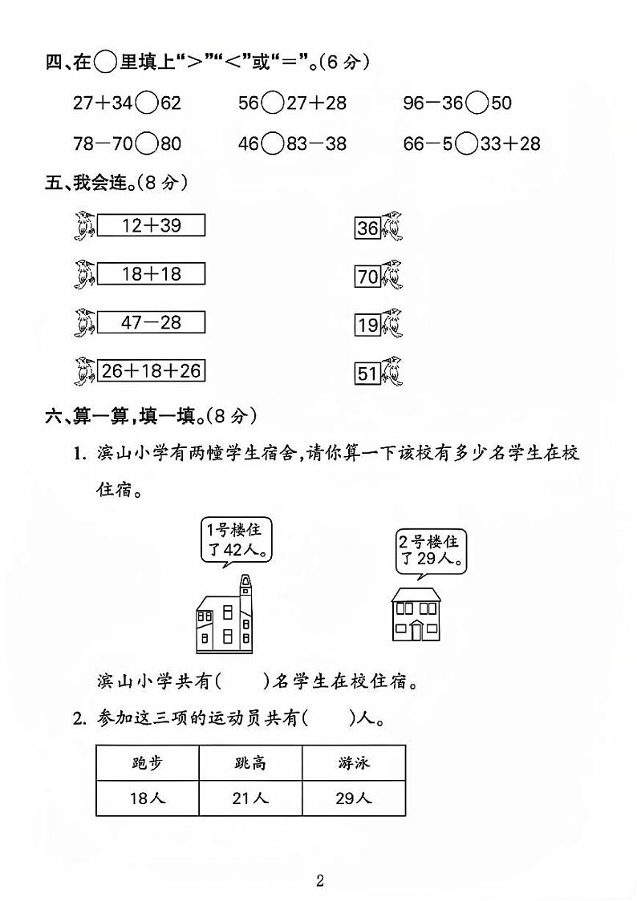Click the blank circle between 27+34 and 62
click(x=147, y=103)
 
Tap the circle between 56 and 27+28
click(x=273, y=103)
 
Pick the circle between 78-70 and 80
click(x=147, y=143)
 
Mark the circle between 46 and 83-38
click(x=273, y=143)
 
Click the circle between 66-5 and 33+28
click(x=466, y=143)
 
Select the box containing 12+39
click(x=151, y=225)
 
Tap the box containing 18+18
click(x=151, y=274)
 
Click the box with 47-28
click(x=151, y=322)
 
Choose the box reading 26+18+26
click(x=151, y=370)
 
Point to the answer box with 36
click(x=367, y=228)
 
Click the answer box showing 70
click(x=367, y=277)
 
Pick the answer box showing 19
click(x=367, y=325)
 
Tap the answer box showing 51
click(x=367, y=374)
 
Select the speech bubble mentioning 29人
click(x=431, y=551)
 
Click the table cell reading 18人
click(x=147, y=798)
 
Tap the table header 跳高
click(x=250, y=763)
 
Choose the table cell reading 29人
click(x=353, y=798)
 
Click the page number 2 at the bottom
click(x=319, y=882)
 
